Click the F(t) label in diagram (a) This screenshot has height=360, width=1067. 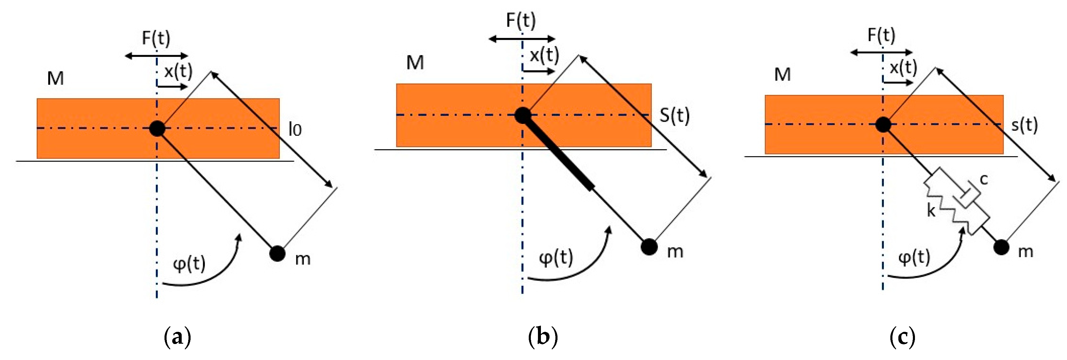click(x=156, y=38)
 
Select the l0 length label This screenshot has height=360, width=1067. click(x=295, y=130)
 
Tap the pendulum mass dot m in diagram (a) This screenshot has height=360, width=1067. click(x=277, y=253)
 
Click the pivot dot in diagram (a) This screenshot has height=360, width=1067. click(x=157, y=128)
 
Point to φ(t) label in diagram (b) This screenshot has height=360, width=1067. click(x=556, y=258)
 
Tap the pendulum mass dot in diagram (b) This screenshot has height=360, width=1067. click(x=649, y=247)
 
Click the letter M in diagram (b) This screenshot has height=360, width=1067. click(x=415, y=63)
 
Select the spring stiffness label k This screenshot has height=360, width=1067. click(x=931, y=211)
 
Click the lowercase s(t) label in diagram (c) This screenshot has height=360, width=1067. click(x=1024, y=125)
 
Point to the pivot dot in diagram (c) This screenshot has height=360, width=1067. click(x=883, y=124)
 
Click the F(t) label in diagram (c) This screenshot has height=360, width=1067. click(x=881, y=35)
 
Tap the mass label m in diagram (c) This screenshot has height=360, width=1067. click(x=1026, y=251)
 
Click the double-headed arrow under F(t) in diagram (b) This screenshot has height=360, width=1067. click(x=522, y=39)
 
